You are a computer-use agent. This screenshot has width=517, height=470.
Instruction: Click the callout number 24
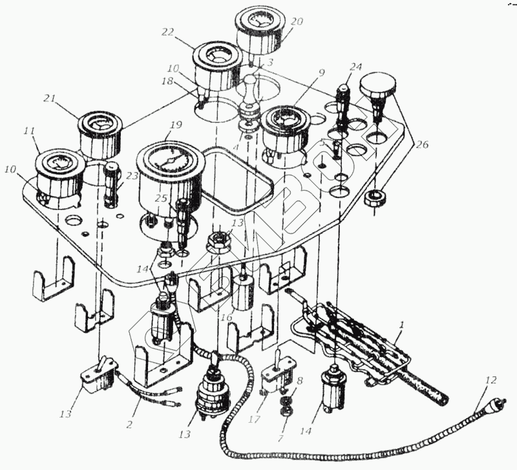(356, 67)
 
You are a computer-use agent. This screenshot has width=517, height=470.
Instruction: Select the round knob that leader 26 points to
(378, 87)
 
